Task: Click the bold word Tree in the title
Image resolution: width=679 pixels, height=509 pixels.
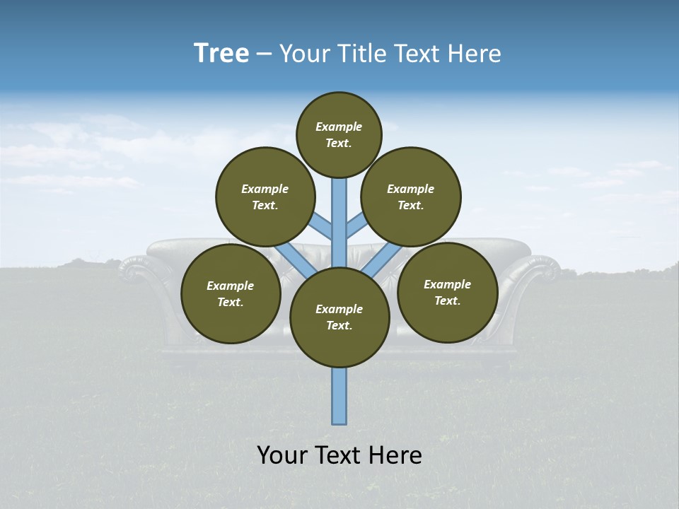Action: [x=221, y=53]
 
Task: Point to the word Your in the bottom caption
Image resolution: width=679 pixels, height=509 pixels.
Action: [x=282, y=455]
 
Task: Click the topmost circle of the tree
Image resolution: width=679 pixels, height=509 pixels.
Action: [x=339, y=134]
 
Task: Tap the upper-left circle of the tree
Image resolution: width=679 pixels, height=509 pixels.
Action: [x=265, y=197]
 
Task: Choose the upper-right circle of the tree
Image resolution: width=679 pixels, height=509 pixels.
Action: [x=411, y=197]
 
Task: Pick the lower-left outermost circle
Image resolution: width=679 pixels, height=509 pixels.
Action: [x=231, y=293]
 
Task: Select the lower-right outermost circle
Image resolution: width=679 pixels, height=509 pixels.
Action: [x=447, y=292]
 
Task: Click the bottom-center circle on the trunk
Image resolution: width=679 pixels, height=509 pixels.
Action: [x=339, y=317]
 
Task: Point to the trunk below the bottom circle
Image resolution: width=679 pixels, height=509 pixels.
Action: [x=339, y=396]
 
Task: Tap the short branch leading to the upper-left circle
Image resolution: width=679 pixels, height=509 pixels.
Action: [x=322, y=224]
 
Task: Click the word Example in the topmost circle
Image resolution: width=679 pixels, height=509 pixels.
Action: [x=339, y=127]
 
